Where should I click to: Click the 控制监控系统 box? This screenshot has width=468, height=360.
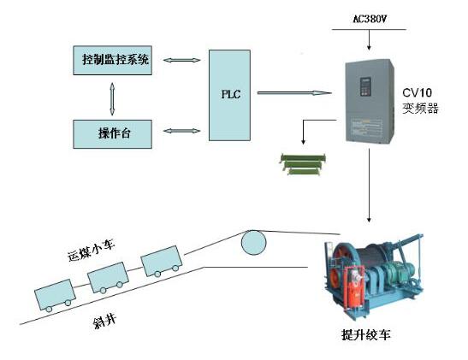click(113, 60)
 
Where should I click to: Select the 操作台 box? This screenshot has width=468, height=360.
click(113, 134)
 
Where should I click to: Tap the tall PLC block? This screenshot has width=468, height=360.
click(229, 95)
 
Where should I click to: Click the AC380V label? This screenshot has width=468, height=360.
click(370, 19)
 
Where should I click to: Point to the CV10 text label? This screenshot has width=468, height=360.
click(417, 92)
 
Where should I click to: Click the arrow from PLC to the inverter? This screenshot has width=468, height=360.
click(294, 93)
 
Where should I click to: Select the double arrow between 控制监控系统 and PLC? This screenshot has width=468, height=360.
click(182, 60)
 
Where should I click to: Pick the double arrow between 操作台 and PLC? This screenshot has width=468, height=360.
click(182, 131)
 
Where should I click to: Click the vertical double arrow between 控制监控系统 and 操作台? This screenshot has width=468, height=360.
click(112, 98)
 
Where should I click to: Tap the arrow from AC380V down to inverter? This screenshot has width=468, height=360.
click(370, 39)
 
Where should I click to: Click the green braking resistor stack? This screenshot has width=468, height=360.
click(303, 164)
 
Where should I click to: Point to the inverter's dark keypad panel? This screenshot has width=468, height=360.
click(365, 87)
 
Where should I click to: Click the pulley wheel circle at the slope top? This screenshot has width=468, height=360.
click(253, 243)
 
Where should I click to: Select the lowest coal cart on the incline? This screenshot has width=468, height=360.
click(55, 295)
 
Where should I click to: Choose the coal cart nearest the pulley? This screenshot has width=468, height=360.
click(162, 262)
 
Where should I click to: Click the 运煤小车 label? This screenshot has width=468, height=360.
click(92, 251)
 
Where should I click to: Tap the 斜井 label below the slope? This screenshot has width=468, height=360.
click(104, 322)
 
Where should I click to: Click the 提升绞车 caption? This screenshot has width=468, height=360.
click(366, 334)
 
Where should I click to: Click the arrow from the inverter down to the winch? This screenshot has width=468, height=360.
click(370, 186)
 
